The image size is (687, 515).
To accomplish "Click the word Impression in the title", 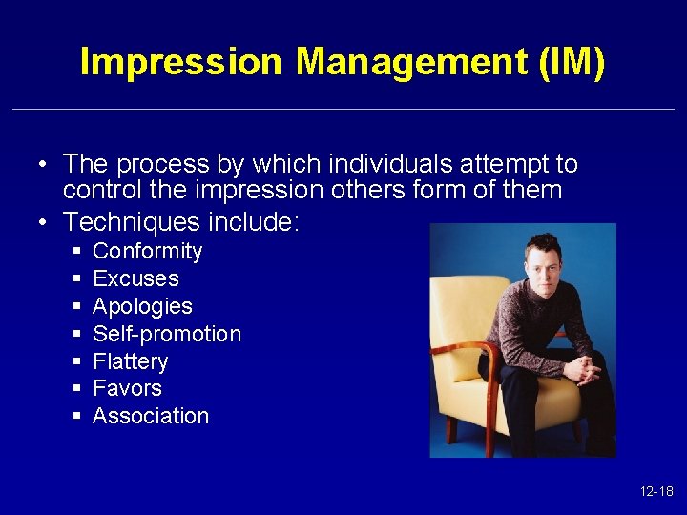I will pyautogui.click(x=182, y=62).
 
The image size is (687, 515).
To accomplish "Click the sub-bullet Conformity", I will pyautogui.click(x=147, y=252).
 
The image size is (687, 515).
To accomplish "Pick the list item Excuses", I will pyautogui.click(x=135, y=279).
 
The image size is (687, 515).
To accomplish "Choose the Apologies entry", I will pyautogui.click(x=142, y=307).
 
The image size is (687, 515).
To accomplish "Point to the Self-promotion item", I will pyautogui.click(x=167, y=334).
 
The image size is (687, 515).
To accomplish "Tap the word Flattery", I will pyautogui.click(x=130, y=361).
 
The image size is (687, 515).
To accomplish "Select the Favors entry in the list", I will pyautogui.click(x=127, y=389).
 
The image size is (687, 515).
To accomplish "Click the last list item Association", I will pyautogui.click(x=151, y=417).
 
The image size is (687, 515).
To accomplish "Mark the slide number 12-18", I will pyautogui.click(x=656, y=492).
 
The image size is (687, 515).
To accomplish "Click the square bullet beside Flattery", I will pyautogui.click(x=75, y=362).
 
